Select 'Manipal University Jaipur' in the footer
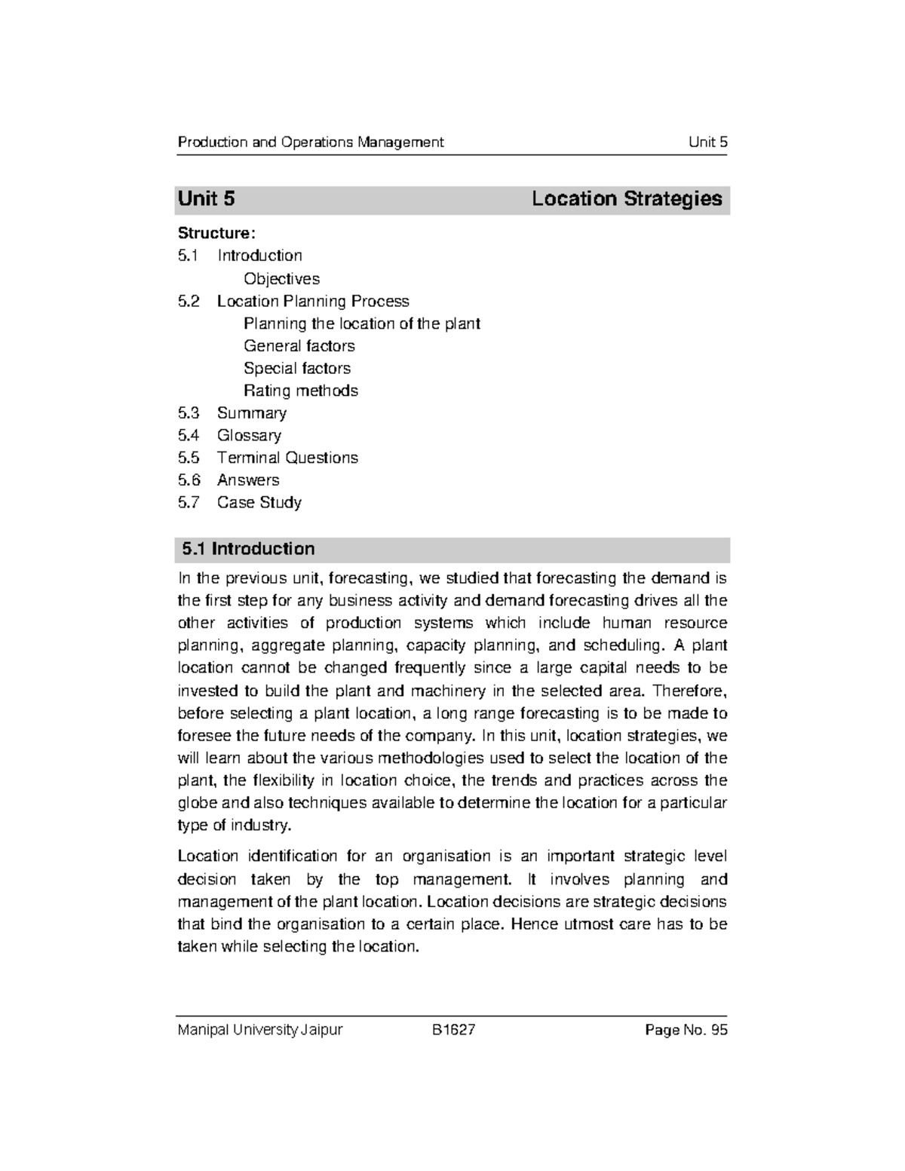pyautogui.click(x=259, y=1030)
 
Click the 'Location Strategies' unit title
pyautogui.click(x=627, y=199)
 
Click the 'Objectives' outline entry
pyautogui.click(x=281, y=278)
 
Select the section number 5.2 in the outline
pyautogui.click(x=189, y=301)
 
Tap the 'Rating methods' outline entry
pyautogui.click(x=300, y=391)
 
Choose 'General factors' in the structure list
pyautogui.click(x=299, y=346)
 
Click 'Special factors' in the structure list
pyautogui.click(x=296, y=368)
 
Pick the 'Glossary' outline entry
pyautogui.click(x=249, y=435)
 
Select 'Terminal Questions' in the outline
pyautogui.click(x=287, y=458)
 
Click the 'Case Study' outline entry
pyautogui.click(x=259, y=502)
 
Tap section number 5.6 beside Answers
pyautogui.click(x=189, y=480)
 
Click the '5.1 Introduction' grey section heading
pyautogui.click(x=248, y=549)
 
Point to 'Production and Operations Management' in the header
pyautogui.click(x=310, y=143)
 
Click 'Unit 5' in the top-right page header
pyautogui.click(x=707, y=143)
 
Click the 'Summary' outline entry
pyautogui.click(x=251, y=413)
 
